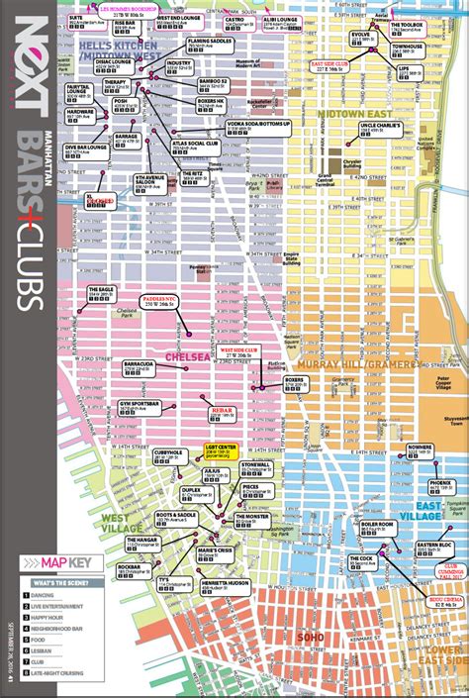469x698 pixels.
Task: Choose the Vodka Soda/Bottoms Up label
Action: [253, 127]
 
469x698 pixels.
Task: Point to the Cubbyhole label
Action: [170, 454]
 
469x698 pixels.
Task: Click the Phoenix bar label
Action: [440, 486]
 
